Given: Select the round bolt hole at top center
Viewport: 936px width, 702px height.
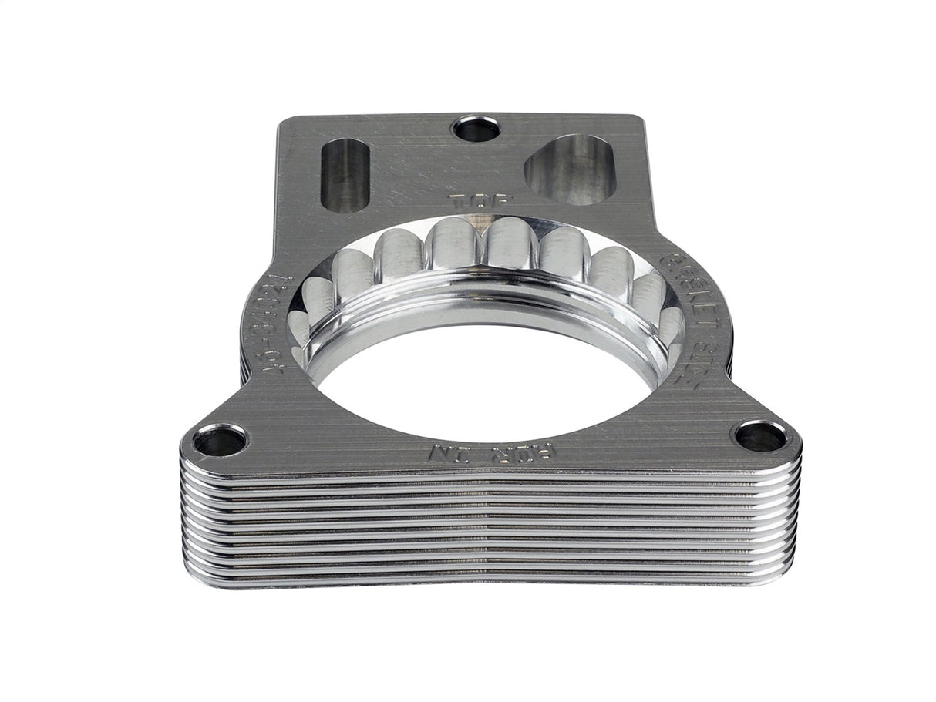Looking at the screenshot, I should (x=474, y=129).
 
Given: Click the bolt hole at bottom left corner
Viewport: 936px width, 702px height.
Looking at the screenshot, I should (x=220, y=441).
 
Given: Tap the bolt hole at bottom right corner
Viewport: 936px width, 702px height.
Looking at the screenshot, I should (x=759, y=437).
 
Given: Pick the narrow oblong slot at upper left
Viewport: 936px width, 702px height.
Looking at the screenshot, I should (x=347, y=174).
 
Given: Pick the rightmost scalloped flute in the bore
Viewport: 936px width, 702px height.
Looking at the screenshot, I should (x=675, y=324).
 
